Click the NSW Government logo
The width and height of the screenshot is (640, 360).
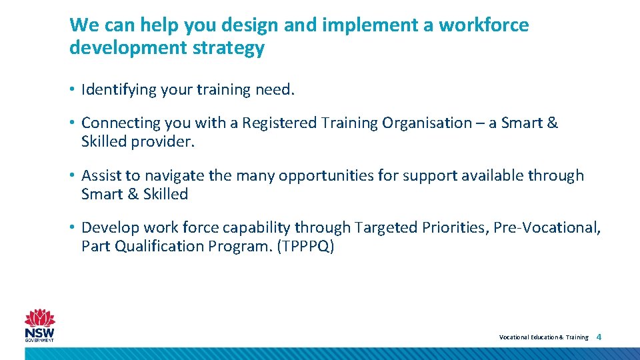[40, 326]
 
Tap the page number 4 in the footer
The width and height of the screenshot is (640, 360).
[599, 337]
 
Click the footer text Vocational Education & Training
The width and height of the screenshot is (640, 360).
[544, 337]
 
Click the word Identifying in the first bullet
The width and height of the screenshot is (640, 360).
[119, 90]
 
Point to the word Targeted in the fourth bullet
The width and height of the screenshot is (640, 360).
[385, 228]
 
